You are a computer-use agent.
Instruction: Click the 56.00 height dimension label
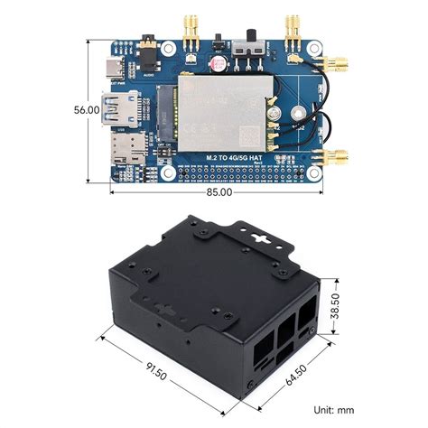point(87,109)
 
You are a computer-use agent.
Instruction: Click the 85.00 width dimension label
point(218,191)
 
